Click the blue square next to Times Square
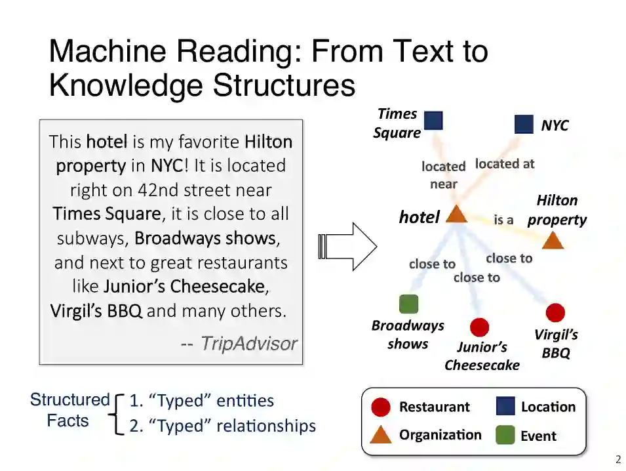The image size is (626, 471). point(433,121)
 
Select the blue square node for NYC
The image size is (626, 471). point(524,124)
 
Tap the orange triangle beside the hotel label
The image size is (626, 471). point(456,214)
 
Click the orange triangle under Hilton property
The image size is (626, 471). point(553,240)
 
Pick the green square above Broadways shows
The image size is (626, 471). point(408,304)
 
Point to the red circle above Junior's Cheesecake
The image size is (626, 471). point(479,327)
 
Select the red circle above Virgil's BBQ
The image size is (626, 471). point(555,313)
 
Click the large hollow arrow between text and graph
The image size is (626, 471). point(347,246)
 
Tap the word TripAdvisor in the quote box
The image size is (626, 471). point(248,343)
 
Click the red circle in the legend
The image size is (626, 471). point(380,407)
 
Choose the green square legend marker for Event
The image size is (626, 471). point(505,436)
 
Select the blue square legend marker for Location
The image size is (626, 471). point(505,407)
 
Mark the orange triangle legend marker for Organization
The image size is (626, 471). point(380,434)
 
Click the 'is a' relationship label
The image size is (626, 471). point(503,220)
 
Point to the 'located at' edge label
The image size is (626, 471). point(504,163)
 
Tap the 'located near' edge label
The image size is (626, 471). point(443,175)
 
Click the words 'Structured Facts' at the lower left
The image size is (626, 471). point(69,410)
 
